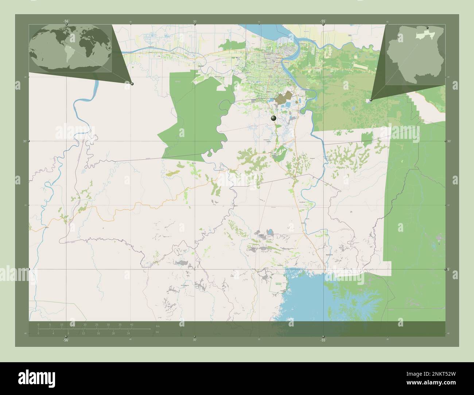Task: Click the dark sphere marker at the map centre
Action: [273, 118]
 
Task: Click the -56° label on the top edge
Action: [66, 21]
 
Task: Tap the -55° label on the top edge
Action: [323, 21]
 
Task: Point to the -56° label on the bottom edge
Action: [66, 340]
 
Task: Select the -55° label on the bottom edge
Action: [323, 340]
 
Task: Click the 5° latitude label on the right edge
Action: [448, 269]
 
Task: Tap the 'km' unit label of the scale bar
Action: [158, 325]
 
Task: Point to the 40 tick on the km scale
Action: [132, 324]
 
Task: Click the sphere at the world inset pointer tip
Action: [132, 84]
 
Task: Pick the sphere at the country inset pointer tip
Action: [371, 99]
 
